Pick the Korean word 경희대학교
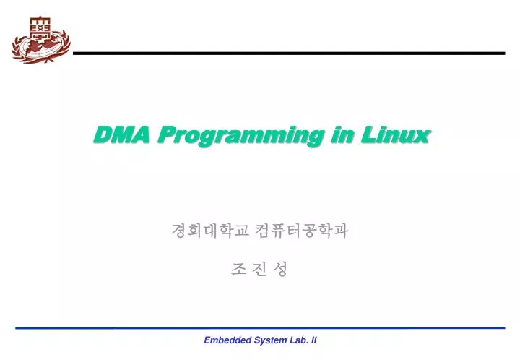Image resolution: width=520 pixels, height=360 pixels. click(x=210, y=231)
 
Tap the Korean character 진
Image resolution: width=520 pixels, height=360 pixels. click(x=261, y=270)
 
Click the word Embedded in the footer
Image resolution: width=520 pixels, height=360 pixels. click(x=224, y=340)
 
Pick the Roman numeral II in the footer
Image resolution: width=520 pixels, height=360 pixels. click(x=313, y=340)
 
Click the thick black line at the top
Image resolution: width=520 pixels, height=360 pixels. click(x=289, y=53)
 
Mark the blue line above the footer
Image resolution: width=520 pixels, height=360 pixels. click(x=260, y=327)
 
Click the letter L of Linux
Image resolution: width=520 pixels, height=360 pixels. click(x=368, y=134)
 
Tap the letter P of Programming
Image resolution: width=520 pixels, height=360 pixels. click(x=165, y=134)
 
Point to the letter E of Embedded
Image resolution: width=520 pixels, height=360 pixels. click(x=207, y=340)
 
